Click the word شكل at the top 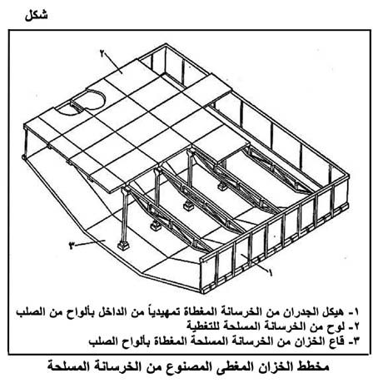[36, 15]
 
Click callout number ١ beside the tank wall [270, 272]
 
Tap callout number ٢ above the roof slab [102, 53]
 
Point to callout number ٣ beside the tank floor [72, 246]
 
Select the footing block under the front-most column [122, 246]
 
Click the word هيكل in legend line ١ [331, 312]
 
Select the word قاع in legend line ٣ [336, 341]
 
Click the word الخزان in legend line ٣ [311, 341]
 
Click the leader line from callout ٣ [90, 243]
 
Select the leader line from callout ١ [254, 262]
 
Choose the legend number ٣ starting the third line [355, 341]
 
